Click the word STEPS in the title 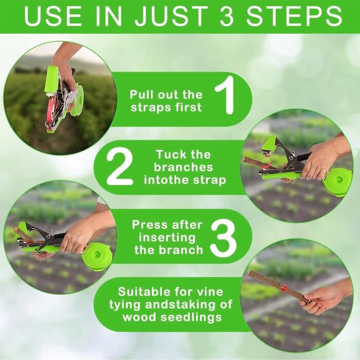coord(294,15)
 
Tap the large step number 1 coord(225,95)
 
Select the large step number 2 coord(120,168)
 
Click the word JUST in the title coord(171,15)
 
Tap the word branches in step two coord(184,167)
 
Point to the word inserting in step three coord(167,238)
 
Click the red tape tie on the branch coord(284,287)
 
